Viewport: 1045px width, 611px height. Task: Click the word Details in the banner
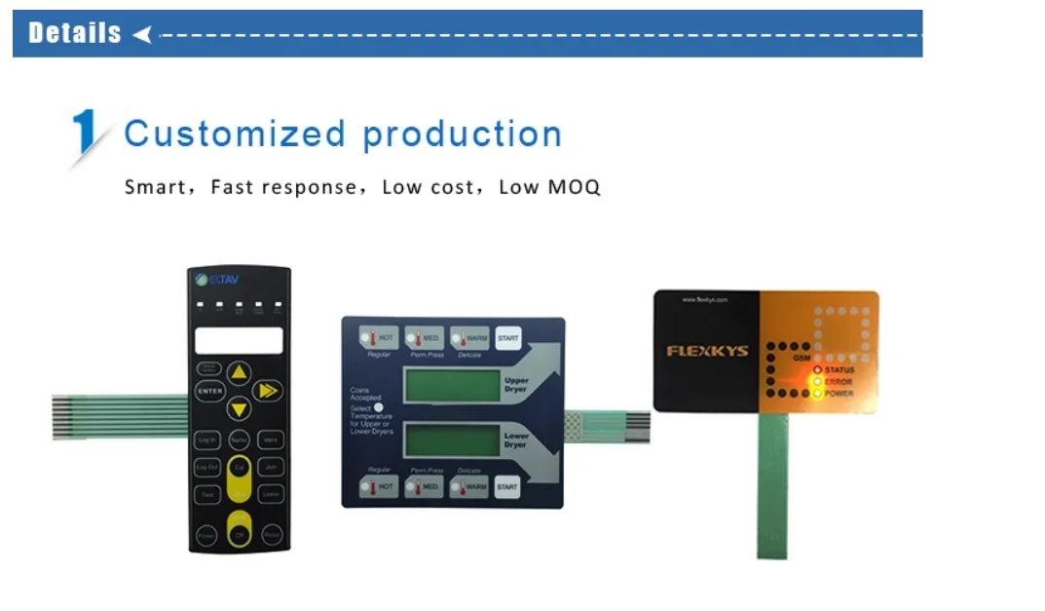(75, 33)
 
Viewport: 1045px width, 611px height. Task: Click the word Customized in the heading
(235, 134)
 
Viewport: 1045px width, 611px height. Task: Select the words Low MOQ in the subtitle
(549, 187)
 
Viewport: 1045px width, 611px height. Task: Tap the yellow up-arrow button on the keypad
(240, 373)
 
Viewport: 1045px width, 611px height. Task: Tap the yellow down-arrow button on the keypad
(240, 408)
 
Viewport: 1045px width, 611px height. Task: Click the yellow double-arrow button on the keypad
(266, 391)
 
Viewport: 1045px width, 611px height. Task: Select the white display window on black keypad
(239, 340)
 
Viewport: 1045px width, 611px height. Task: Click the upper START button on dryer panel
(507, 338)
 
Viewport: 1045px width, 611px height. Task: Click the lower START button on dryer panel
(506, 485)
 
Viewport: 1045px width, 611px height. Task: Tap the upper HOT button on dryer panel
(378, 338)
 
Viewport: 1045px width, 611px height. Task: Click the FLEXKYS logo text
(707, 351)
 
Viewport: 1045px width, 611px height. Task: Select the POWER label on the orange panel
(839, 394)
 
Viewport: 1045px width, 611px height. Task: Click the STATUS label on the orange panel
(839, 370)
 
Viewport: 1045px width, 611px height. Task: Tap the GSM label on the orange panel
(802, 359)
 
